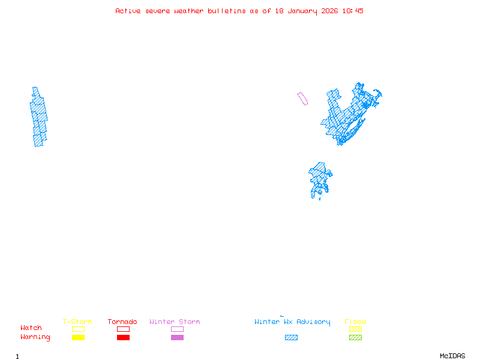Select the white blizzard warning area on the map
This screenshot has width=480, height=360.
(24, 124)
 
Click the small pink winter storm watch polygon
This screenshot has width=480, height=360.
(302, 98)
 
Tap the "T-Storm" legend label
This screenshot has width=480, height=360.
(77, 322)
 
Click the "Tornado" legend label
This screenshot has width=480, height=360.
(122, 322)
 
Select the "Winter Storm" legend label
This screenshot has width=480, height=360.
(175, 322)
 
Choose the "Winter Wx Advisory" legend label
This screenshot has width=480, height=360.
(292, 322)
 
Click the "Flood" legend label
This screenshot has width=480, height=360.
(355, 322)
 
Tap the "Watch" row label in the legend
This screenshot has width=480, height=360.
(31, 328)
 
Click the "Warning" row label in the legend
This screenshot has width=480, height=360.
(35, 337)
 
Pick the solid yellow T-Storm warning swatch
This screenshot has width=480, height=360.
(78, 338)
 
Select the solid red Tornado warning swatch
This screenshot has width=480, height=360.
(123, 338)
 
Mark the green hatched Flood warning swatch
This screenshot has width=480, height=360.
(355, 338)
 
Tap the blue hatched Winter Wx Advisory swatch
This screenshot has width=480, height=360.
(291, 338)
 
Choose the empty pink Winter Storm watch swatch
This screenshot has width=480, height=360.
(177, 329)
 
